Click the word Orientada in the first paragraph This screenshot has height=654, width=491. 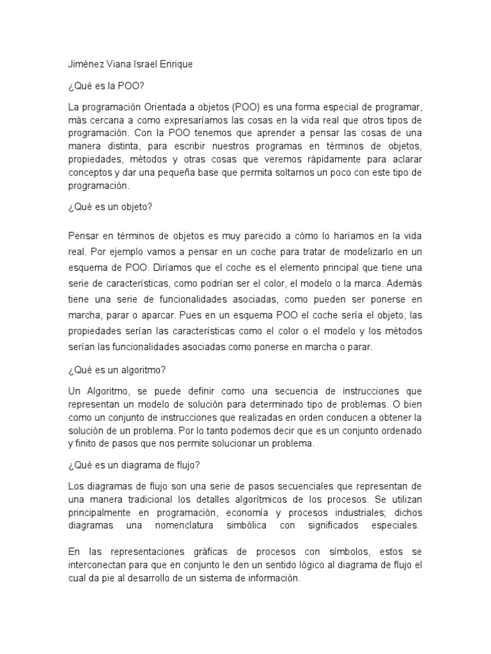point(168,106)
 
